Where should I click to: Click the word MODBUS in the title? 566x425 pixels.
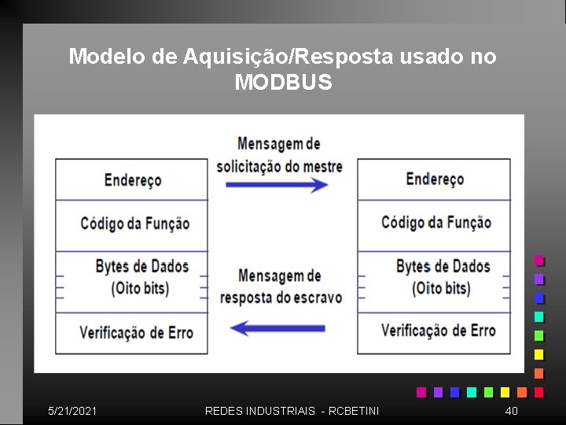coord(283,82)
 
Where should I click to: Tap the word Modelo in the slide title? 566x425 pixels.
coord(99,57)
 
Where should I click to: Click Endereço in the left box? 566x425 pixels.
coord(133,180)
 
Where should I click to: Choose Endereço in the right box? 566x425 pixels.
coord(435,179)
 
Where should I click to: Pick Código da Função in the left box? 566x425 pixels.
coord(135,224)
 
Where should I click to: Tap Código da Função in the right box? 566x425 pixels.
coord(436,223)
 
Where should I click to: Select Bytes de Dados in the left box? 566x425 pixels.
coord(142,266)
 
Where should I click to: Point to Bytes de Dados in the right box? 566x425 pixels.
coord(443,266)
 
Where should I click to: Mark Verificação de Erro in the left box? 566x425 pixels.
coord(136,331)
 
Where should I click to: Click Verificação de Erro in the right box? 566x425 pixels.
coord(438,331)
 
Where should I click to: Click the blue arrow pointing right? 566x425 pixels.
coord(277,185)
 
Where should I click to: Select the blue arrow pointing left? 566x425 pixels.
coord(277,327)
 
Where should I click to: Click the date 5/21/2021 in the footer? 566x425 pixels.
coord(72,411)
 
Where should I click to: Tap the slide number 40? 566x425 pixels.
coord(511,411)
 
